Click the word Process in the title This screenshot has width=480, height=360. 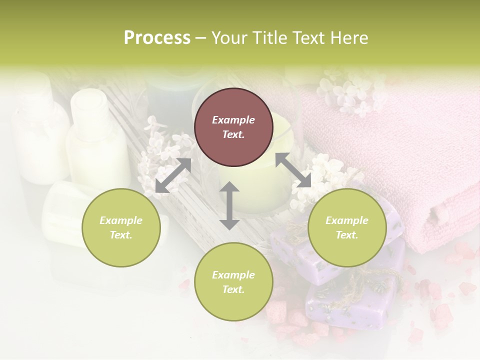pyautogui.click(x=157, y=38)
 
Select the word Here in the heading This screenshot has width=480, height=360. pyautogui.click(x=349, y=38)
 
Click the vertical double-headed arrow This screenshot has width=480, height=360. pyautogui.click(x=229, y=205)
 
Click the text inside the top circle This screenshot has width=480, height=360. pyautogui.click(x=233, y=127)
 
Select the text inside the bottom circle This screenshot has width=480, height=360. pyautogui.click(x=233, y=282)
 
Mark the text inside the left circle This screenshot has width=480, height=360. pyautogui.click(x=121, y=227)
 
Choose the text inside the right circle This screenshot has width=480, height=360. pyautogui.click(x=347, y=227)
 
